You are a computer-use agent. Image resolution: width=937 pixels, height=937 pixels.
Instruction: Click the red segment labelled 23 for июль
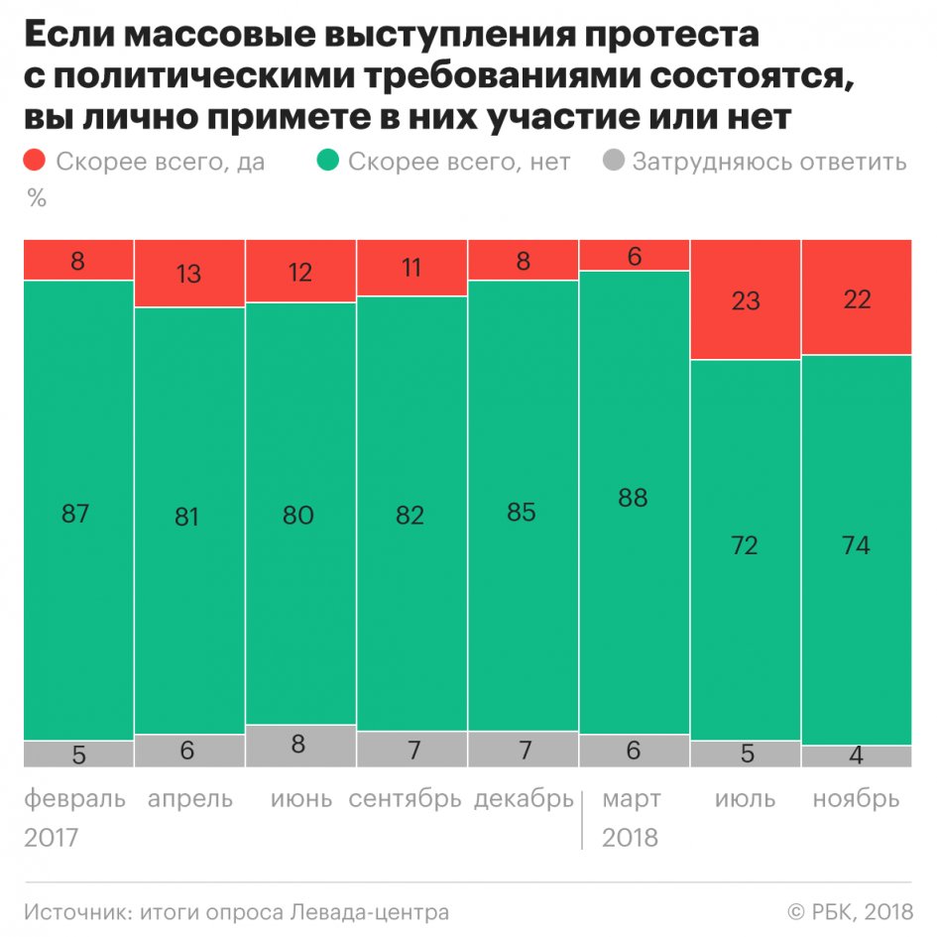point(745,299)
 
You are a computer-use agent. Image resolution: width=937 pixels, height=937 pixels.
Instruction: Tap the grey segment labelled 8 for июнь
point(299,746)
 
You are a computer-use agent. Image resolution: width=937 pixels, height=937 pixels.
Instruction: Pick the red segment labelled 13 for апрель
point(188,275)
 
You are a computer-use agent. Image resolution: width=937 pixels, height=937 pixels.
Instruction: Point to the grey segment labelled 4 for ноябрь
point(856,756)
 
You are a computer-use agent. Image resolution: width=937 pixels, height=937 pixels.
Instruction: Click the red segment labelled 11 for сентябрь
point(410,269)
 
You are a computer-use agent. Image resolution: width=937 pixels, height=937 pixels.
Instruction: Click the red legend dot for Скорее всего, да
point(36,161)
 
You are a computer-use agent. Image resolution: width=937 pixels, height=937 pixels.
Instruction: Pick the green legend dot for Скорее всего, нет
point(329,161)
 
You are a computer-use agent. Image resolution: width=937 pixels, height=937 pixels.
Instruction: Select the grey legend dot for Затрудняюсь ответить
point(614,161)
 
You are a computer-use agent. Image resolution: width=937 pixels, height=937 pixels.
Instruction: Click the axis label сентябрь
point(406,799)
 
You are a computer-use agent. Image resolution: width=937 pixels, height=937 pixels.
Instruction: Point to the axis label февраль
point(75,799)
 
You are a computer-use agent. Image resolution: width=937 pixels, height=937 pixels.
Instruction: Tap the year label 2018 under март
point(631,838)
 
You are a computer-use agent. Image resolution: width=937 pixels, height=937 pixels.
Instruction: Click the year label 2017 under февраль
point(52,838)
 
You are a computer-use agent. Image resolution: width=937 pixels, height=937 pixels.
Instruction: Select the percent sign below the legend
point(37,198)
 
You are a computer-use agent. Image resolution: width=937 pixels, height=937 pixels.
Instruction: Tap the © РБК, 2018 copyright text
point(849,911)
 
